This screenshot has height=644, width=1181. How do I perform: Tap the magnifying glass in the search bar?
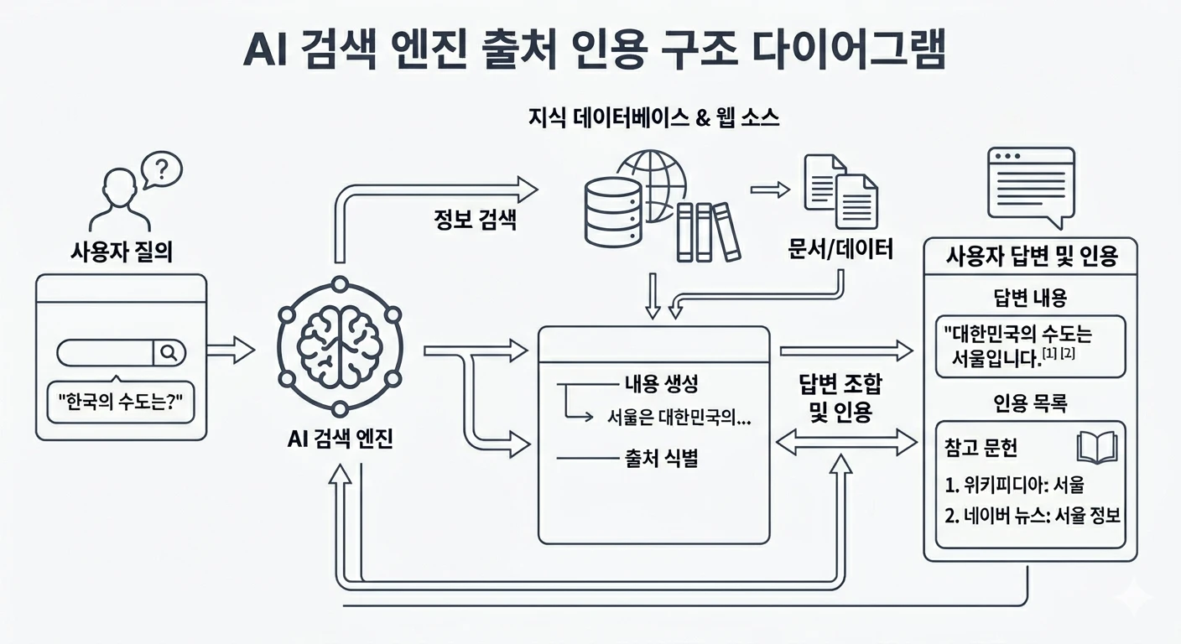pyautogui.click(x=169, y=353)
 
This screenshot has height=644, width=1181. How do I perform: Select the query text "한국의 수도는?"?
pyautogui.click(x=121, y=406)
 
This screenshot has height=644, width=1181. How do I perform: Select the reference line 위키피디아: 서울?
pyautogui.click(x=1019, y=486)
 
